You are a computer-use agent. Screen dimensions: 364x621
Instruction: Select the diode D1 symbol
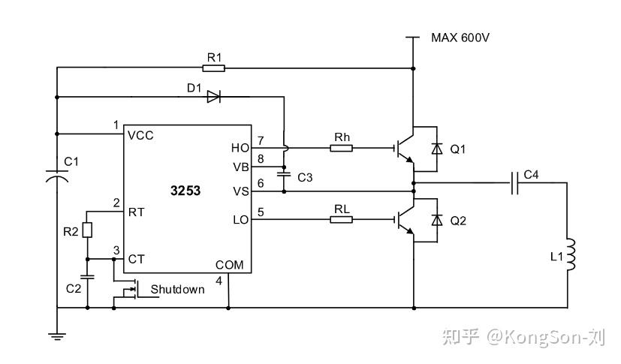(x=213, y=96)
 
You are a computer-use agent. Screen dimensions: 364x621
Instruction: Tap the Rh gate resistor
(x=342, y=148)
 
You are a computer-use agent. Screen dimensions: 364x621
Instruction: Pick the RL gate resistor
(x=342, y=219)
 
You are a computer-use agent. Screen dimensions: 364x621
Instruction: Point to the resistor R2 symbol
(x=87, y=230)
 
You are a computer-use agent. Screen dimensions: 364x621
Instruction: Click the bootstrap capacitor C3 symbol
(x=284, y=173)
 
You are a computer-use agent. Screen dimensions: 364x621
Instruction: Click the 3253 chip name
(x=185, y=191)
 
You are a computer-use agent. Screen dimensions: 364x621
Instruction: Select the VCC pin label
(x=141, y=136)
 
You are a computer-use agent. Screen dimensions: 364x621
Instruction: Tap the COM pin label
(x=229, y=265)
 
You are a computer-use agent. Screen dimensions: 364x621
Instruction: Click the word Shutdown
(x=177, y=289)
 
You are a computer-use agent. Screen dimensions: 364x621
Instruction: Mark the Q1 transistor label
(x=457, y=149)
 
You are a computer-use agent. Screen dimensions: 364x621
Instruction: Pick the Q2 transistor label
(x=457, y=221)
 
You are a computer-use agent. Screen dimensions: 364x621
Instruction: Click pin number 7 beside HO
(x=261, y=140)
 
